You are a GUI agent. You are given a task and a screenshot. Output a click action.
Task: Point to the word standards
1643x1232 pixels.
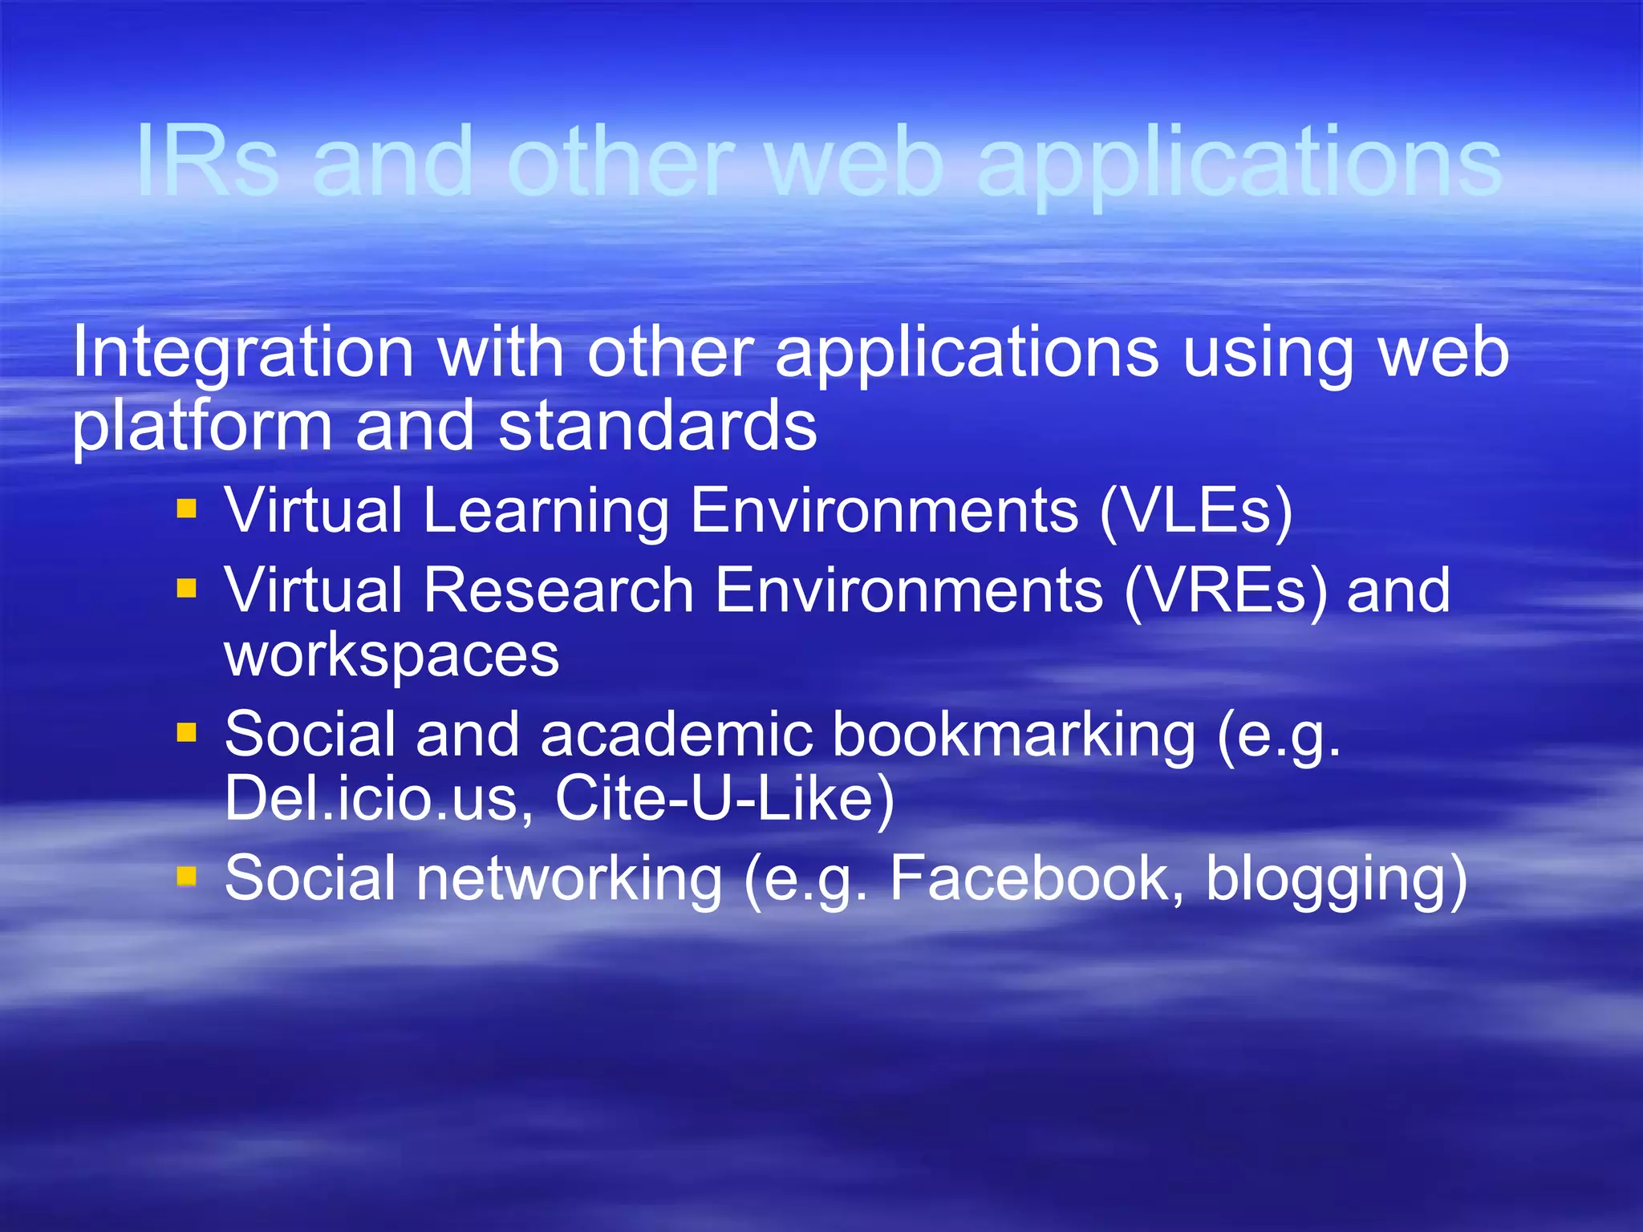tap(658, 426)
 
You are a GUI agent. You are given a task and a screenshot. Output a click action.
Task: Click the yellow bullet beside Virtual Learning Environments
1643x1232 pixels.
tap(186, 509)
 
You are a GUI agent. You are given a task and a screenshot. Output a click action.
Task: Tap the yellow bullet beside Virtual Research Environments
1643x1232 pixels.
tap(186, 590)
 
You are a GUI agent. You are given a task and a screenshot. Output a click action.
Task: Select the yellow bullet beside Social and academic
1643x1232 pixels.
tap(186, 732)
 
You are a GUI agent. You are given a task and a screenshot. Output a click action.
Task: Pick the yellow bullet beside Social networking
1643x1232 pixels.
tap(186, 876)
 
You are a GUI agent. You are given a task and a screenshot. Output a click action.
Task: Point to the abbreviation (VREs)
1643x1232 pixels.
tap(1226, 590)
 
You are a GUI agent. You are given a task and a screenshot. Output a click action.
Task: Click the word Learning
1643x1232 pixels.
tap(546, 511)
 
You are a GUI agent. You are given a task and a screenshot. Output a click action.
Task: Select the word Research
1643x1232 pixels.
tap(558, 590)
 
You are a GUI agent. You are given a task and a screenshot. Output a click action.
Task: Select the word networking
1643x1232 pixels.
tap(570, 879)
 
